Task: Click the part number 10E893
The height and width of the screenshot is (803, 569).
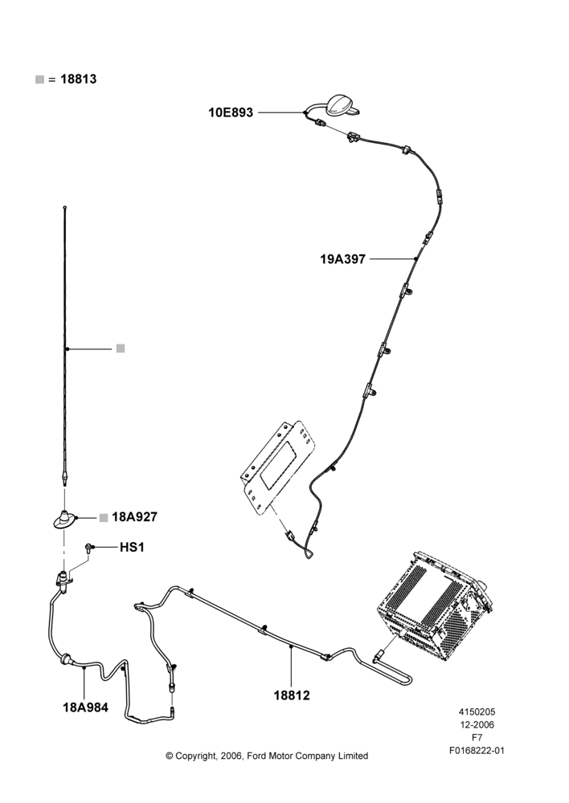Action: pyautogui.click(x=230, y=112)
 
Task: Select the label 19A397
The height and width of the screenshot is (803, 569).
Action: pyautogui.click(x=343, y=259)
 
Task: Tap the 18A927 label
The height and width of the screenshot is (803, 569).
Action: pyautogui.click(x=134, y=516)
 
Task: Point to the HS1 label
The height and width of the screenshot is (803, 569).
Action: pyautogui.click(x=132, y=548)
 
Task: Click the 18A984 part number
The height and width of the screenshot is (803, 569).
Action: pyautogui.click(x=86, y=707)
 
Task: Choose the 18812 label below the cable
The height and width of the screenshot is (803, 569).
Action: pyautogui.click(x=292, y=695)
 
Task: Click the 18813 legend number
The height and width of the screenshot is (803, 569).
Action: pyautogui.click(x=79, y=79)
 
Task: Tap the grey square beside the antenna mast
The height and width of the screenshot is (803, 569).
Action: pyautogui.click(x=121, y=349)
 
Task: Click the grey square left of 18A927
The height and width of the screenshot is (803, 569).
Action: pyautogui.click(x=104, y=517)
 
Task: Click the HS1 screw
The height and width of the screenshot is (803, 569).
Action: pyautogui.click(x=88, y=548)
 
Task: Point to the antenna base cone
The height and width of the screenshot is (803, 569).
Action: pyautogui.click(x=64, y=520)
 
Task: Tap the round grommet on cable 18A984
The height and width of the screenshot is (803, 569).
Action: pyautogui.click(x=66, y=659)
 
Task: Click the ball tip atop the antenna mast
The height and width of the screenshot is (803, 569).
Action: pyautogui.click(x=64, y=207)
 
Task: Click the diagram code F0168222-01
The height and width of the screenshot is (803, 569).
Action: pyautogui.click(x=477, y=751)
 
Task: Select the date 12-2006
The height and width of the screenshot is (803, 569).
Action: pyautogui.click(x=477, y=724)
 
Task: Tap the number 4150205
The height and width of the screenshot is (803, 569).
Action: pyautogui.click(x=477, y=711)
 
